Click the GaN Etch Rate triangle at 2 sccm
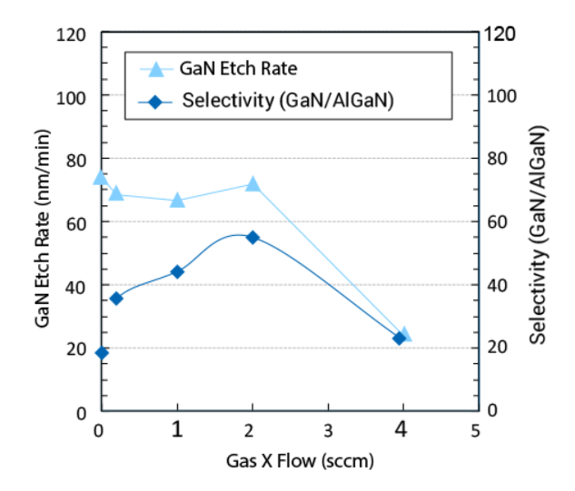[x=253, y=184]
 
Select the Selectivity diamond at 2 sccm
[x=253, y=237]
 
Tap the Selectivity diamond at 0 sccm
[x=102, y=353]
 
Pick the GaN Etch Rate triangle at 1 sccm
[x=177, y=201]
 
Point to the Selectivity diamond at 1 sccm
[x=177, y=271]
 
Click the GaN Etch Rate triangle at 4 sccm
[x=404, y=335]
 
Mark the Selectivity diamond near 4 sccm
[x=399, y=339]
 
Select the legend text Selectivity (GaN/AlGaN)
[x=287, y=101]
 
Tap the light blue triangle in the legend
[x=156, y=69]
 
